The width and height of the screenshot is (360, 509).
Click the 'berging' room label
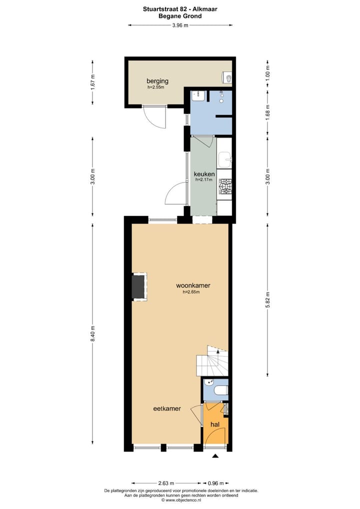[x=157, y=81]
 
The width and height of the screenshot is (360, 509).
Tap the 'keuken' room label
[x=204, y=174]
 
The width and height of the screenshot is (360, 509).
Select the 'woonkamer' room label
[x=193, y=285]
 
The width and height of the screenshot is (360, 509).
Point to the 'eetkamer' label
[x=167, y=408]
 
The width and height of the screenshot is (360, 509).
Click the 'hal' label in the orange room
[x=215, y=424]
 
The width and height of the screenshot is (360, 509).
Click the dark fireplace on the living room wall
[x=138, y=287]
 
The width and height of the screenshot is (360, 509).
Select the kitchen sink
[x=225, y=160]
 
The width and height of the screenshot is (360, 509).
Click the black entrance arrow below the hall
[x=215, y=456]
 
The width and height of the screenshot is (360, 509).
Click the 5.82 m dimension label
[x=267, y=298]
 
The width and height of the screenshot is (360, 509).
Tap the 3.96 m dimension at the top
[x=180, y=25]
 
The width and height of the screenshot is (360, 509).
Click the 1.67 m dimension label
[x=92, y=81]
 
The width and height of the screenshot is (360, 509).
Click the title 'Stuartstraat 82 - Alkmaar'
[x=180, y=8]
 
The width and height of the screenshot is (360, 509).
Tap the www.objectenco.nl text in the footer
[x=180, y=500]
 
